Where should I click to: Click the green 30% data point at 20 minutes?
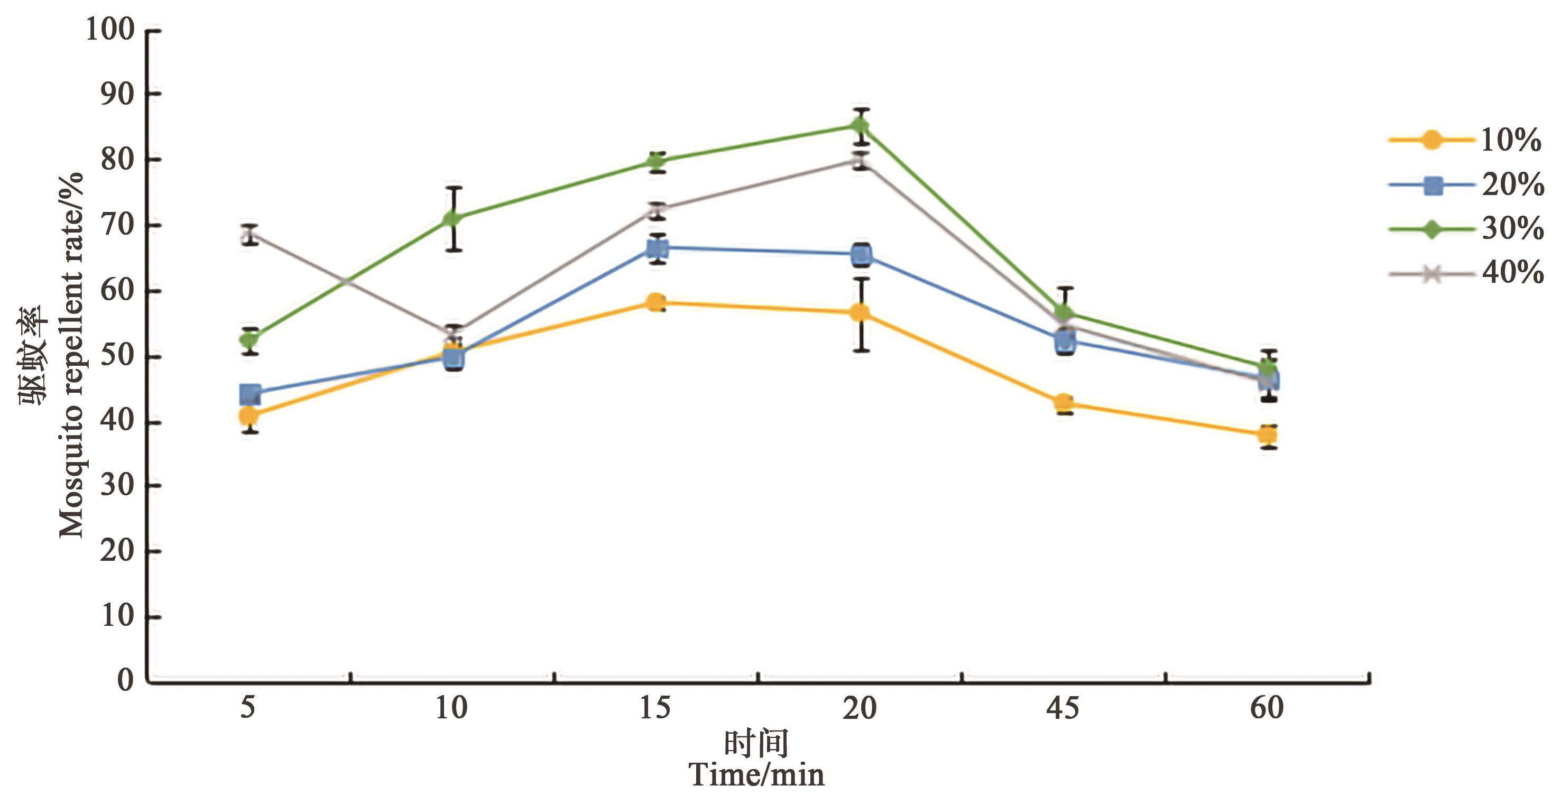tap(861, 126)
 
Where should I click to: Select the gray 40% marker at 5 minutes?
tap(249, 235)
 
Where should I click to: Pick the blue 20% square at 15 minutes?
tap(658, 248)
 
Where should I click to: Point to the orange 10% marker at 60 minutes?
tap(1268, 435)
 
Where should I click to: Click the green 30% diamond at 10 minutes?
tap(453, 218)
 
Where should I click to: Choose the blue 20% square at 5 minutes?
tap(250, 394)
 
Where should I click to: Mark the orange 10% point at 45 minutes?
tap(1064, 402)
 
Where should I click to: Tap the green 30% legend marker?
tap(1432, 229)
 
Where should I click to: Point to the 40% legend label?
tap(1512, 273)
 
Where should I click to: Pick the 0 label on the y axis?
tap(126, 680)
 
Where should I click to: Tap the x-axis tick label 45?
tap(1063, 708)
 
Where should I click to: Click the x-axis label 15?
tap(655, 708)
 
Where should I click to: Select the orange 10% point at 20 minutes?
tap(861, 313)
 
